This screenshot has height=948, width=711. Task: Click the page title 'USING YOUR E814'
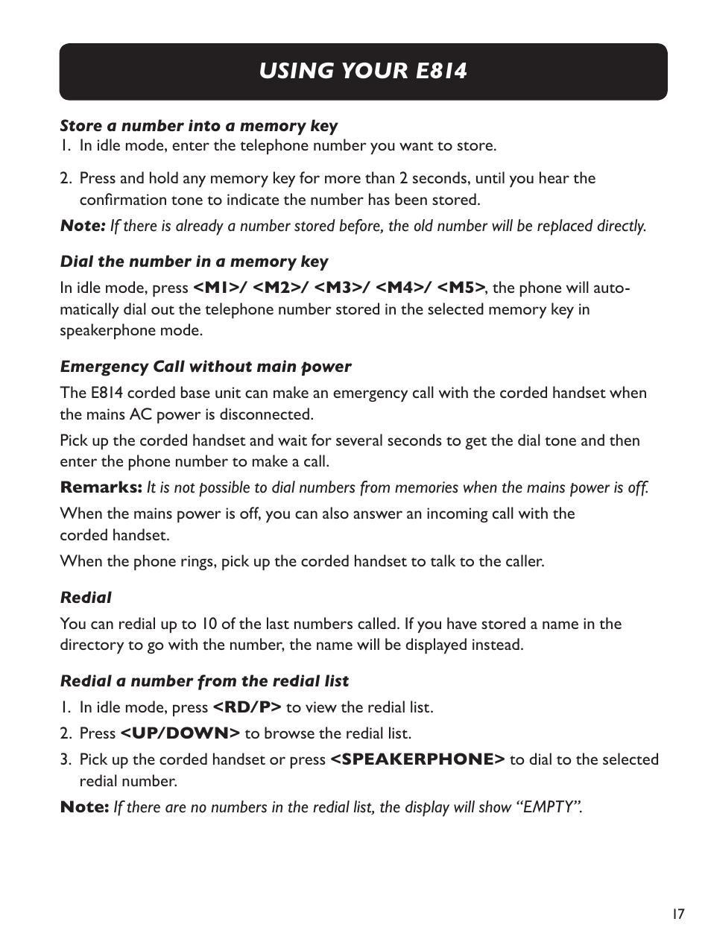(363, 71)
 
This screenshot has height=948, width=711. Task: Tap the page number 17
(677, 914)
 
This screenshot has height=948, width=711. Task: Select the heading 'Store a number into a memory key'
(198, 126)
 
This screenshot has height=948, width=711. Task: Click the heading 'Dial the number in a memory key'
(194, 262)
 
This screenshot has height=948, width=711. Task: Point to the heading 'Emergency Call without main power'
(205, 367)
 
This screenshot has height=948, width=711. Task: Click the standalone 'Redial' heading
(86, 598)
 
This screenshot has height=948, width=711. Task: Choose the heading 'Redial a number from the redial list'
(204, 681)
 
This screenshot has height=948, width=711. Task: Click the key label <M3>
(339, 288)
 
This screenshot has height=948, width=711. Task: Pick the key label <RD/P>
(247, 707)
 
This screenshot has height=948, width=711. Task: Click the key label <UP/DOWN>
(180, 733)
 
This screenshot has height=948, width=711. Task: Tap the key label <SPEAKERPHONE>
(417, 759)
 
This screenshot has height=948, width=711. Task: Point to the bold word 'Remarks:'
(101, 487)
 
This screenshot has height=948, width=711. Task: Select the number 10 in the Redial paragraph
(209, 624)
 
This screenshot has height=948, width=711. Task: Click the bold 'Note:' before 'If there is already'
(82, 226)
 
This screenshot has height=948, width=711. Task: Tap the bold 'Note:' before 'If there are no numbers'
(84, 807)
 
